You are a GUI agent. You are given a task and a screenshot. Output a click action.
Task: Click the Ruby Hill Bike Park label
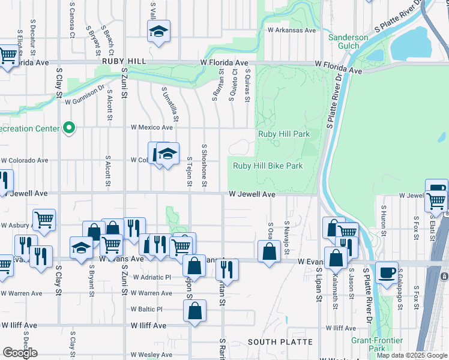[268, 166]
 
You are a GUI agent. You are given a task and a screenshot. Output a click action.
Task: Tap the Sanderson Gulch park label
[348, 42]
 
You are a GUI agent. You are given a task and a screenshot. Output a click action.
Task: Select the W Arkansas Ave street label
[292, 30]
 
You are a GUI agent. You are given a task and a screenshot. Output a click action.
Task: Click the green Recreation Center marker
[70, 128]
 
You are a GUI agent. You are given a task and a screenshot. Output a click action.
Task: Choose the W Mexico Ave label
[151, 127]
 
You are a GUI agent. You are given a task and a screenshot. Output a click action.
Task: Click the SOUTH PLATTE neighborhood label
[280, 342]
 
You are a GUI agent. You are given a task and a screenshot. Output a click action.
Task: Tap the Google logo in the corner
[20, 353]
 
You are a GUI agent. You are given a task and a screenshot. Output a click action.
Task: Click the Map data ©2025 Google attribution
[412, 355]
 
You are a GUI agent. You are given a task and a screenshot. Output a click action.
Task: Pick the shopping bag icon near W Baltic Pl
[194, 311]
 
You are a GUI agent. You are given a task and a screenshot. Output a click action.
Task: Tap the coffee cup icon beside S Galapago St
[387, 272]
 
